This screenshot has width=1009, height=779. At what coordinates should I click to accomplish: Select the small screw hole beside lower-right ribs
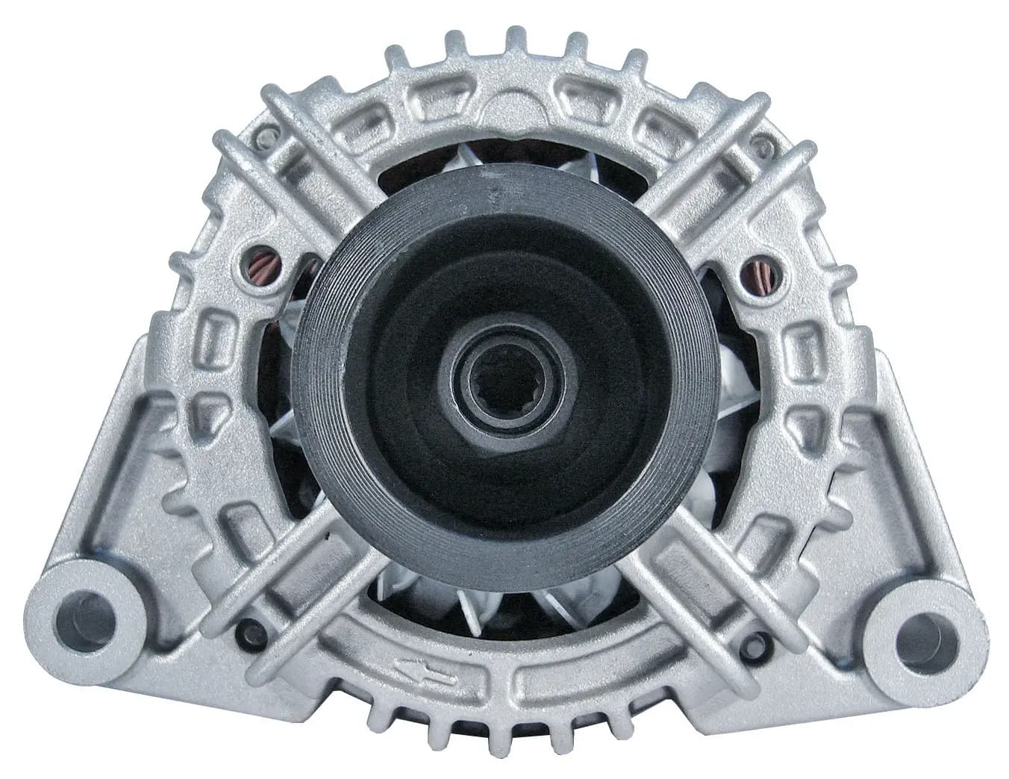(x=769, y=639)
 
